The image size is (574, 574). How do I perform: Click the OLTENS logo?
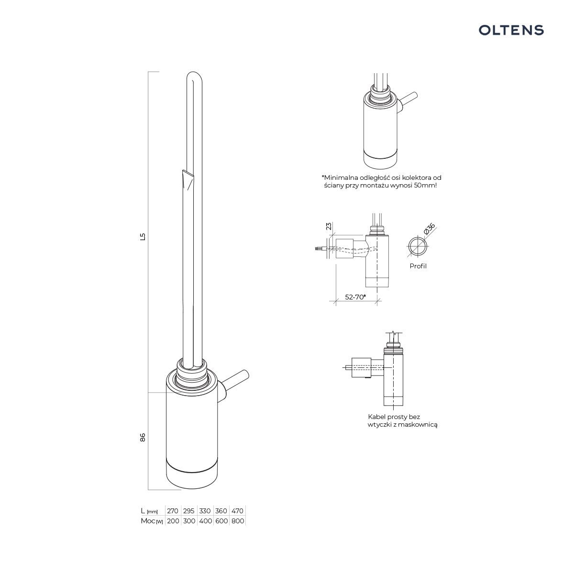pos(511,30)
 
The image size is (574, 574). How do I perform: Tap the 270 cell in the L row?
pos(173,511)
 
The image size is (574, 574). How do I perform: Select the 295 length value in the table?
pos(188,511)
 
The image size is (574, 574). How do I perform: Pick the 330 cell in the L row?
pos(205,511)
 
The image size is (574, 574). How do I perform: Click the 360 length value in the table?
pos(221,511)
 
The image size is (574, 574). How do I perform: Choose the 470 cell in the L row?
pos(237,511)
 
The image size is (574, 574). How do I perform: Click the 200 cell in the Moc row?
pos(173,521)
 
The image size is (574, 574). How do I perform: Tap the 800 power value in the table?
pos(238,521)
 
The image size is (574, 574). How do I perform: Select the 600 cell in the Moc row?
pos(221,521)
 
